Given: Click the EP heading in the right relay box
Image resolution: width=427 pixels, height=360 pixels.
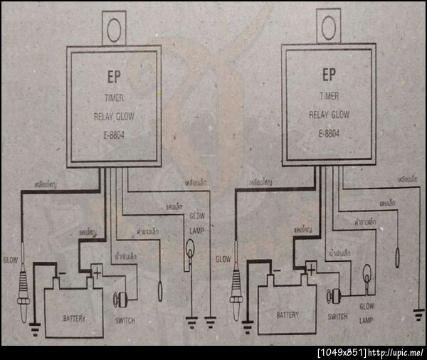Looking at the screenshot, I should [328, 73].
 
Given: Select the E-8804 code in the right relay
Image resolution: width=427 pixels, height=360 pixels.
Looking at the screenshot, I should [329, 132].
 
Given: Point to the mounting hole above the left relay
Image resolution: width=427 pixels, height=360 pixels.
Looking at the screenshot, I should [114, 27].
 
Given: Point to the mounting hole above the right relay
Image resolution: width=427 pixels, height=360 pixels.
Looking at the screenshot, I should [328, 28].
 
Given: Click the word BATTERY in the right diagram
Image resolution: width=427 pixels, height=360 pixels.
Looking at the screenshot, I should [287, 314].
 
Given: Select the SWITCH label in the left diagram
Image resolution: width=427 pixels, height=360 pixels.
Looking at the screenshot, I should [125, 320].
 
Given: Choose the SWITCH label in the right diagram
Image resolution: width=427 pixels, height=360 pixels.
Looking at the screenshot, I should [337, 316].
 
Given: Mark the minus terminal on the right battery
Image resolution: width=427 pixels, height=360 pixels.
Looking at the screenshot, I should [275, 270].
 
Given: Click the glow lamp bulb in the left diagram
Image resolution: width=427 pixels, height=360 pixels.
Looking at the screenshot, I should [190, 251].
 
